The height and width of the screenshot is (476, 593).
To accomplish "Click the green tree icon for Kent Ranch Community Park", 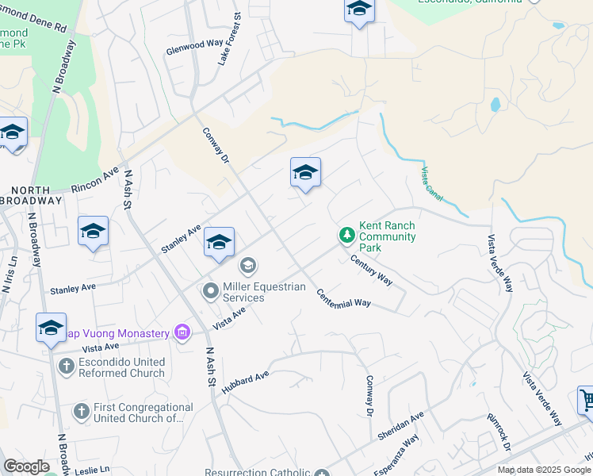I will [x=346, y=235].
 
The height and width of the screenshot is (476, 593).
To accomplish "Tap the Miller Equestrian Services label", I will [x=264, y=292].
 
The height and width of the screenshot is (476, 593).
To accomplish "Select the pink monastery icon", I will [x=182, y=332].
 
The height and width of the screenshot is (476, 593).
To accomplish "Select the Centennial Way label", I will [x=344, y=297].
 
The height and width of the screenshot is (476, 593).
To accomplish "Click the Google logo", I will [x=25, y=466].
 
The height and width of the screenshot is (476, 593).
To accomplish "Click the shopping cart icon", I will [x=587, y=400].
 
